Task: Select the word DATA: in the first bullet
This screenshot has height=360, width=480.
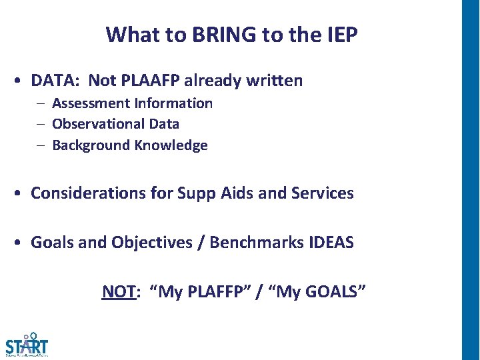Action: click(x=57, y=81)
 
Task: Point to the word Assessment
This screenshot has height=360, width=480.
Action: click(x=91, y=103)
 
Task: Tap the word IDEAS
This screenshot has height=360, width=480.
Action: click(x=331, y=243)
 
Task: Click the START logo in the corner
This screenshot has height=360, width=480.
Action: click(x=27, y=345)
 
